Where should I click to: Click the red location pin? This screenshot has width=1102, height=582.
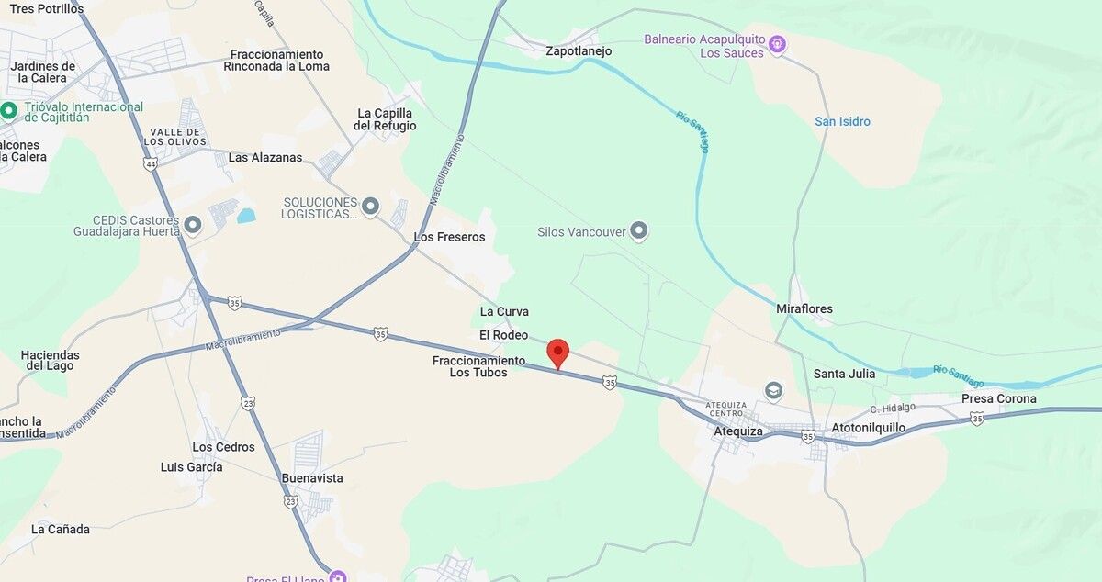coord(557,353)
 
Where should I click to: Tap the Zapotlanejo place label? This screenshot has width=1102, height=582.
coord(579,51)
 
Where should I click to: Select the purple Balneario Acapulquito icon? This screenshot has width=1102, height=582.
coord(777,42)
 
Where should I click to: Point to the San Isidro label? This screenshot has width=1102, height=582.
coord(842,121)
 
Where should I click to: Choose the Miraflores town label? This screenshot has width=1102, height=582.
coord(804,308)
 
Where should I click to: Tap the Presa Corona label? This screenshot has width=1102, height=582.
coord(998,398)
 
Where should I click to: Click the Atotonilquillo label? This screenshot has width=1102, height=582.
coord(868,428)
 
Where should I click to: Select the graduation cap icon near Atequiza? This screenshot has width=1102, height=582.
coord(773,391)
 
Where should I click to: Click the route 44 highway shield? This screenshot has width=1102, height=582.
coord(151,164)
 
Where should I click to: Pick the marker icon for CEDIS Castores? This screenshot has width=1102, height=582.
coord(193,224)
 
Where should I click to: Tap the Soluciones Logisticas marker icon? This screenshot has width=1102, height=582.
coord(370,206)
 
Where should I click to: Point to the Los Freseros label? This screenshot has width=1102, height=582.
coord(449,237)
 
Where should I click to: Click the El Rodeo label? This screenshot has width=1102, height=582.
coord(503,335)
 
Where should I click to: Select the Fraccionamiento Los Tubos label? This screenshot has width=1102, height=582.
coord(478,366)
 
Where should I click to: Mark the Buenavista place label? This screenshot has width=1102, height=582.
coord(312,478)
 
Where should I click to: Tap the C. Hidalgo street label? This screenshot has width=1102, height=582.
coord(893,407)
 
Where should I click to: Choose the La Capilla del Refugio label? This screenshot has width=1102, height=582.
coord(386,119)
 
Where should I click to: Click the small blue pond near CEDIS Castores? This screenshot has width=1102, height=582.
coord(246,216)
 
